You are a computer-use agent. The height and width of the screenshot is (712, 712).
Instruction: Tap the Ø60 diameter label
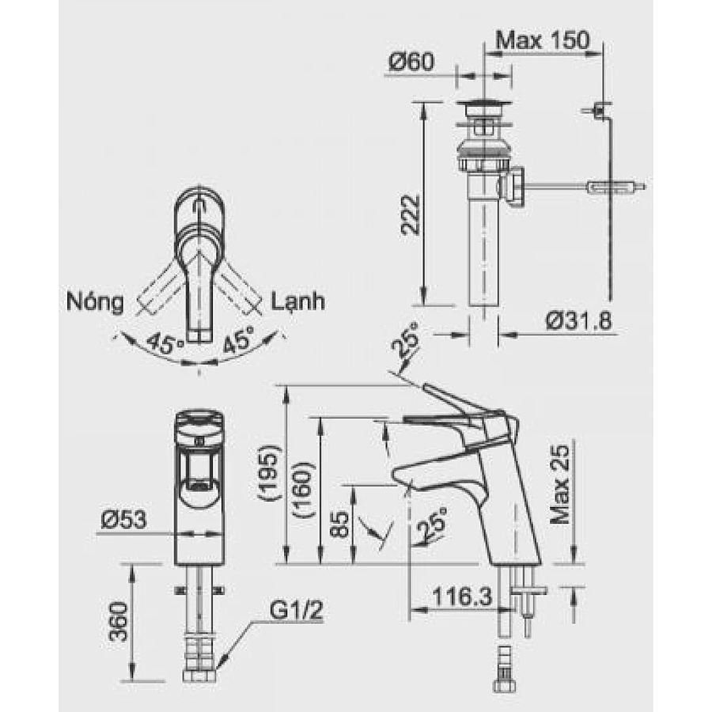[411, 62]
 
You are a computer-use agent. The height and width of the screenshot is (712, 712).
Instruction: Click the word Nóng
[94, 302]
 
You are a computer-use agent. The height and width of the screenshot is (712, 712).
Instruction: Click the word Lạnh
[297, 302]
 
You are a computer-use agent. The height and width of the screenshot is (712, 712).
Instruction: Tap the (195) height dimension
[270, 474]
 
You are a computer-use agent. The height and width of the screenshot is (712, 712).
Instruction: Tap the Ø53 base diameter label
[123, 520]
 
